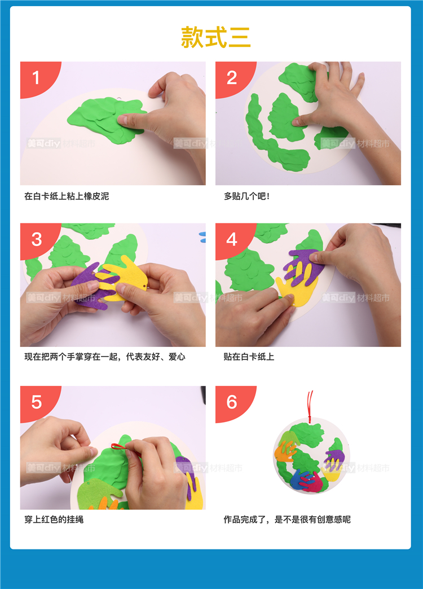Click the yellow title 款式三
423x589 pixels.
(215, 37)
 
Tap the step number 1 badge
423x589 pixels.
(38, 78)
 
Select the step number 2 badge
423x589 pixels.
(232, 78)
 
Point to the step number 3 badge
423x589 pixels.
(38, 239)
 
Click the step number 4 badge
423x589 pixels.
(232, 239)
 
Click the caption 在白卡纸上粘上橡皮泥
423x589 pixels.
(67, 196)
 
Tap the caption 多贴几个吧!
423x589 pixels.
(247, 196)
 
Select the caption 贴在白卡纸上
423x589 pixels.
(249, 357)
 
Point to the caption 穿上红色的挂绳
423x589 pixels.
(54, 520)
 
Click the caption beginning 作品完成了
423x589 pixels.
(287, 520)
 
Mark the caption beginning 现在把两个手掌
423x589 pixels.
(105, 357)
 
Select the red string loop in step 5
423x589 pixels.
(120, 447)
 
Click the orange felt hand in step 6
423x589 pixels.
(285, 450)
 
